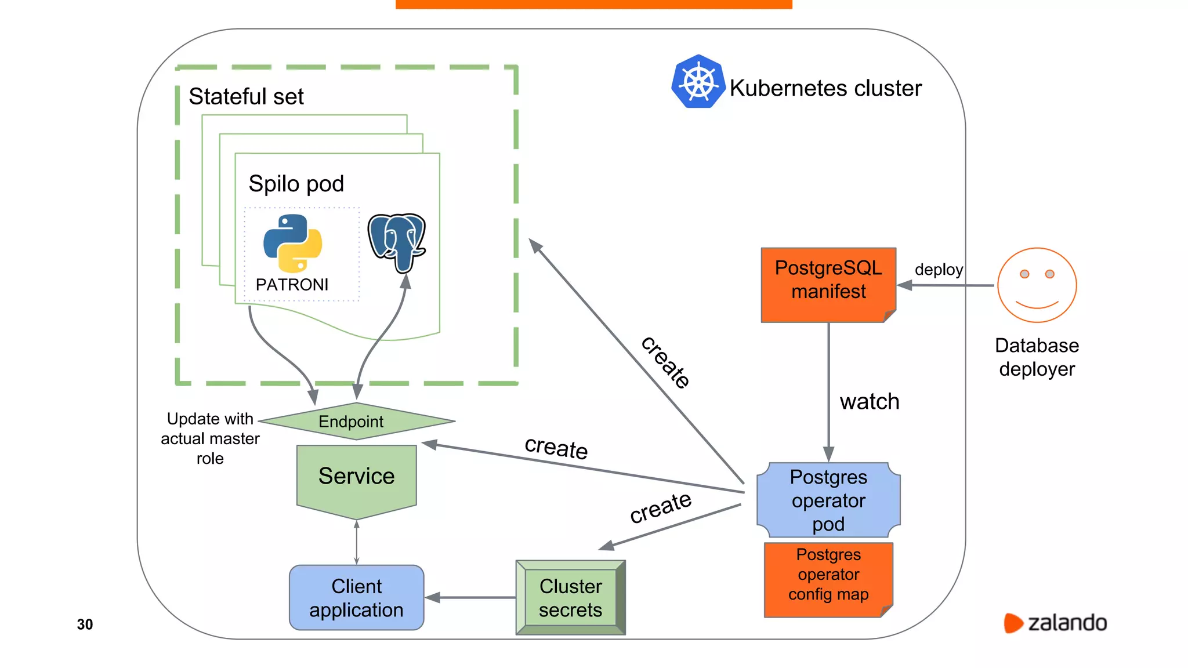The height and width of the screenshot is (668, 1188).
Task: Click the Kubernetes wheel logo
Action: [698, 82]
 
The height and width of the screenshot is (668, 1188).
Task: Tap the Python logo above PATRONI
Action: [292, 244]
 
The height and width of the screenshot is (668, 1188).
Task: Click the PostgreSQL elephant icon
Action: [397, 241]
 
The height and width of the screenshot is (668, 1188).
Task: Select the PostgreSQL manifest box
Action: [828, 284]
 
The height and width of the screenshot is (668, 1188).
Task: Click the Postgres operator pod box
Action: [828, 500]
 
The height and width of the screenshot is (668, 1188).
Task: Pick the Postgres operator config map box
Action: [828, 578]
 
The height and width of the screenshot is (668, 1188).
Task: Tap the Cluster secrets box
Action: [570, 597]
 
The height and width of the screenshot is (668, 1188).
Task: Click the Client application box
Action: [356, 597]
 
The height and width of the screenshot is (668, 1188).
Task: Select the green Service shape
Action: [356, 478]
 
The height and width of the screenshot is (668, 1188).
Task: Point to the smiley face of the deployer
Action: [1037, 285]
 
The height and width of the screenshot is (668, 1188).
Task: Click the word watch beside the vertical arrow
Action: [869, 401]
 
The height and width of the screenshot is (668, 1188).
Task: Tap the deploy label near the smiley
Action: [938, 270]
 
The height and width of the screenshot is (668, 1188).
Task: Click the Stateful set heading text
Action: [246, 96]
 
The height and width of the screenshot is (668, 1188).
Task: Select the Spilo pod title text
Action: [296, 184]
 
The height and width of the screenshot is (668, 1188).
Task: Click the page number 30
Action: [85, 624]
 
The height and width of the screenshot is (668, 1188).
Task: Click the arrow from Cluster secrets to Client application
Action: [470, 597]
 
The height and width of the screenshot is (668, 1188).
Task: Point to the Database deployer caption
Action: [1037, 357]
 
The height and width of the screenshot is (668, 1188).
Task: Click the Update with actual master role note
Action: [210, 438]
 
